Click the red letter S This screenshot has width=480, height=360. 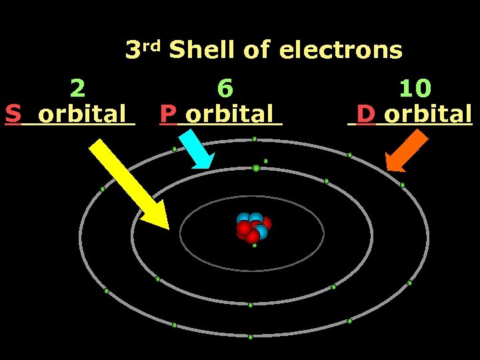click(13, 114)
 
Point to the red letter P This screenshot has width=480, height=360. click(168, 114)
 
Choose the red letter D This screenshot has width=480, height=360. click(365, 114)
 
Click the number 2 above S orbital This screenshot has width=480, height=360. click(77, 87)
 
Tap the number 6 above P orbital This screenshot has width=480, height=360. click(225, 87)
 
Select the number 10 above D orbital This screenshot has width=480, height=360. click(415, 87)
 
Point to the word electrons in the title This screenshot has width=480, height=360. click(341, 50)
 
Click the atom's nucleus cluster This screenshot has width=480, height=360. click(253, 227)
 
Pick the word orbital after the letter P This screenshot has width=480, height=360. click(230, 114)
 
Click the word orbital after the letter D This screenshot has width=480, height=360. click(428, 114)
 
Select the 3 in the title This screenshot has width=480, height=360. click(133, 50)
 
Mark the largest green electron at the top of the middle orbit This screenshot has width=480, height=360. click(256, 168)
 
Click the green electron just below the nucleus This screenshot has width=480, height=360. click(254, 245)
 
